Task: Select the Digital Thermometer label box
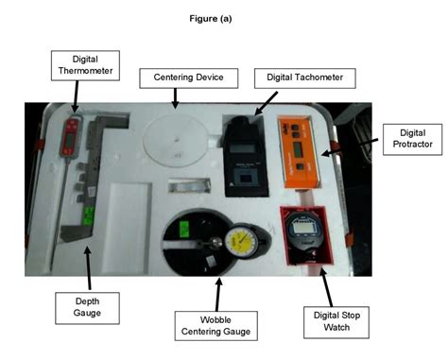coord(77,65)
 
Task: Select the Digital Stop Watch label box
coord(331,320)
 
